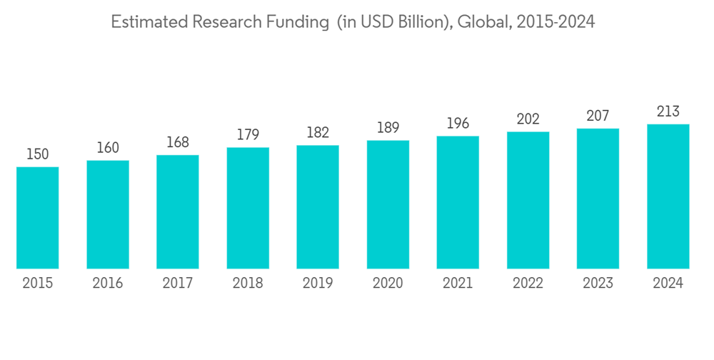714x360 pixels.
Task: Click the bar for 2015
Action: coord(38,218)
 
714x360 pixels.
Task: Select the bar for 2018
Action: coord(248,208)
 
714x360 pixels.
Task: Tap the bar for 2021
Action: coord(458,202)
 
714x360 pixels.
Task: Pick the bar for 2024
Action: coord(668,196)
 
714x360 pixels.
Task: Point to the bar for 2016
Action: coord(108,214)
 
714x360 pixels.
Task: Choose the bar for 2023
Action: coord(598,199)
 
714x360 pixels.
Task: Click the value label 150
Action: coord(38,154)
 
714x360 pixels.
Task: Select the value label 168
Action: coord(178,142)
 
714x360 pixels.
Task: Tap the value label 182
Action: coord(318,133)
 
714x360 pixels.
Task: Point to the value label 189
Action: coord(388,128)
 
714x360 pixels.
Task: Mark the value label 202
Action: coord(528,119)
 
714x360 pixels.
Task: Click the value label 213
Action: coord(668,111)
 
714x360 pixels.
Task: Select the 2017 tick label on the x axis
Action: coord(178,284)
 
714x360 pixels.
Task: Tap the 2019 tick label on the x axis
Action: coord(318,284)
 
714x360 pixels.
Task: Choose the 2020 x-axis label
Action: coord(388,284)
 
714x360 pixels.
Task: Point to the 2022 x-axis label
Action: coord(528,284)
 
